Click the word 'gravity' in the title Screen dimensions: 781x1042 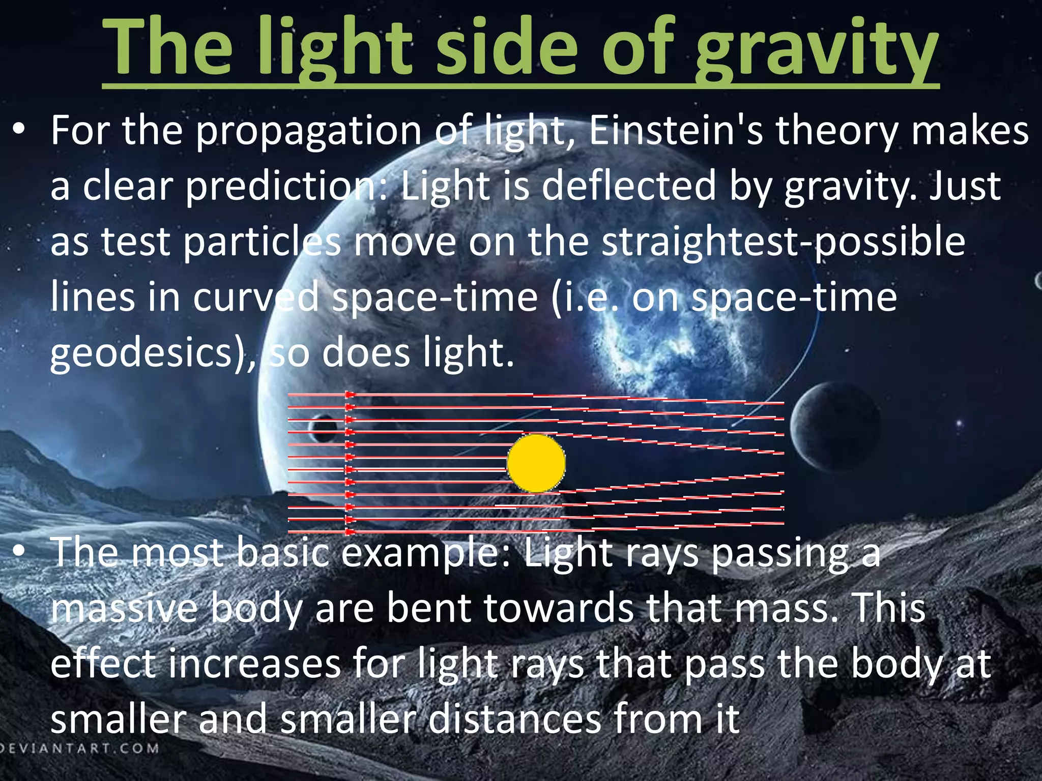pos(816,51)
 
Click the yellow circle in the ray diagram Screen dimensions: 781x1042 pos(536,463)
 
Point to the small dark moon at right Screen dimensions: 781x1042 pos(834,425)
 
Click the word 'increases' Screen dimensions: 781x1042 pos(254,664)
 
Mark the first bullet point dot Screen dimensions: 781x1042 pos(19,131)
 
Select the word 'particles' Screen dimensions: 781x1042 pos(262,242)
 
